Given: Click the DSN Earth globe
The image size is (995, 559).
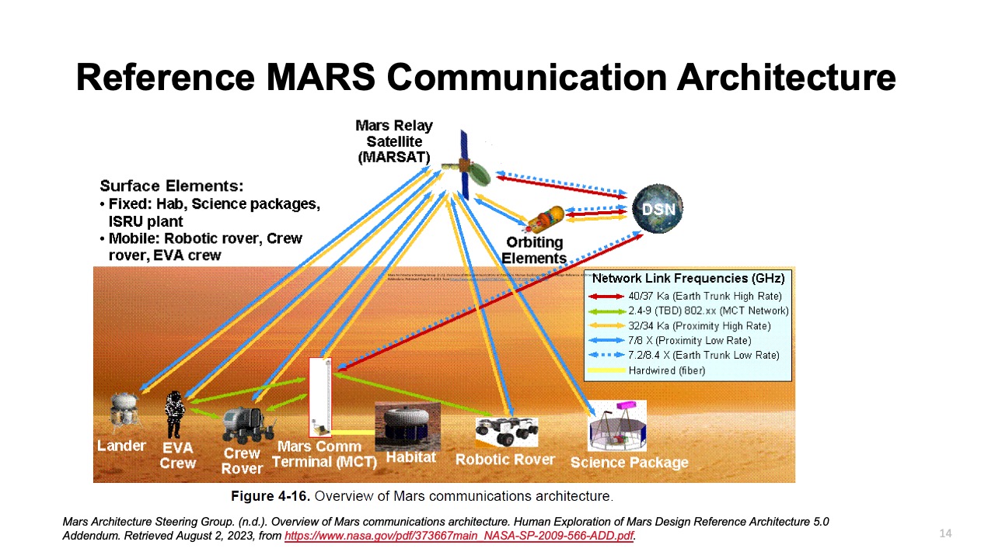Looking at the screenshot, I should (x=658, y=209).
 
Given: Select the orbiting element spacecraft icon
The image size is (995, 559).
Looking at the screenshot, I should (x=546, y=220).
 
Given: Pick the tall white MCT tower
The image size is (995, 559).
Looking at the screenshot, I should (x=319, y=396).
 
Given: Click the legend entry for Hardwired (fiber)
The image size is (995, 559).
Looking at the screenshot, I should (x=666, y=370).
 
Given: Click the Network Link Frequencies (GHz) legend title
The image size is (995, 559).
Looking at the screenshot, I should (x=688, y=278).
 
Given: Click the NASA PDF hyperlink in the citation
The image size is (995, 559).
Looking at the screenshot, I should (x=459, y=536).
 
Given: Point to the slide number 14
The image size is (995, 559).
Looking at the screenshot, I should (x=945, y=533).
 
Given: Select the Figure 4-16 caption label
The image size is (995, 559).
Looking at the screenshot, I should (x=271, y=495).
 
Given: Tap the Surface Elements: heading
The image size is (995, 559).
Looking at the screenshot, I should (x=172, y=186).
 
